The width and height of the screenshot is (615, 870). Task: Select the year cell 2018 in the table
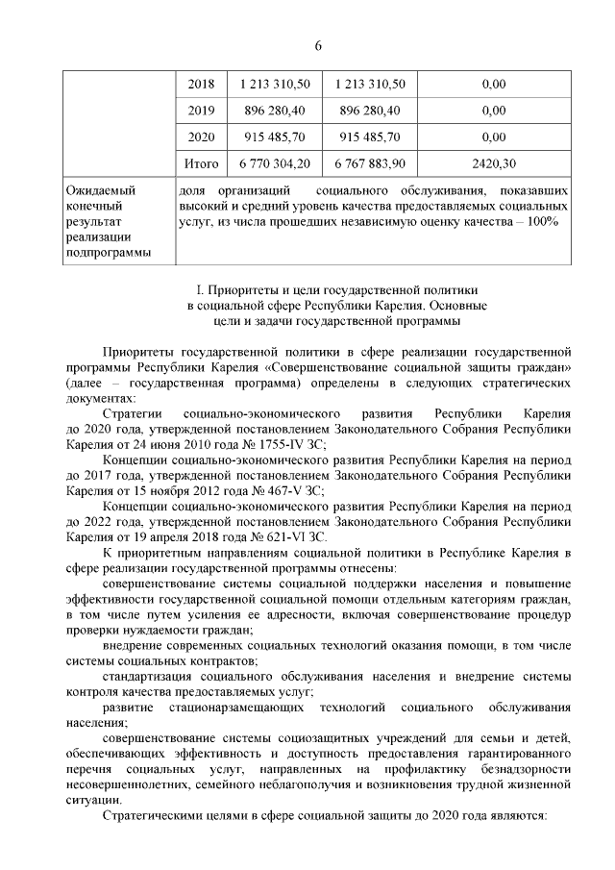(201, 85)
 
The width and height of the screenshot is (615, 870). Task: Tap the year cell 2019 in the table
(201, 111)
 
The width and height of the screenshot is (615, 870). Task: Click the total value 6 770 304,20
(275, 163)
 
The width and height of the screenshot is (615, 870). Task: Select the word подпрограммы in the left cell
(106, 254)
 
